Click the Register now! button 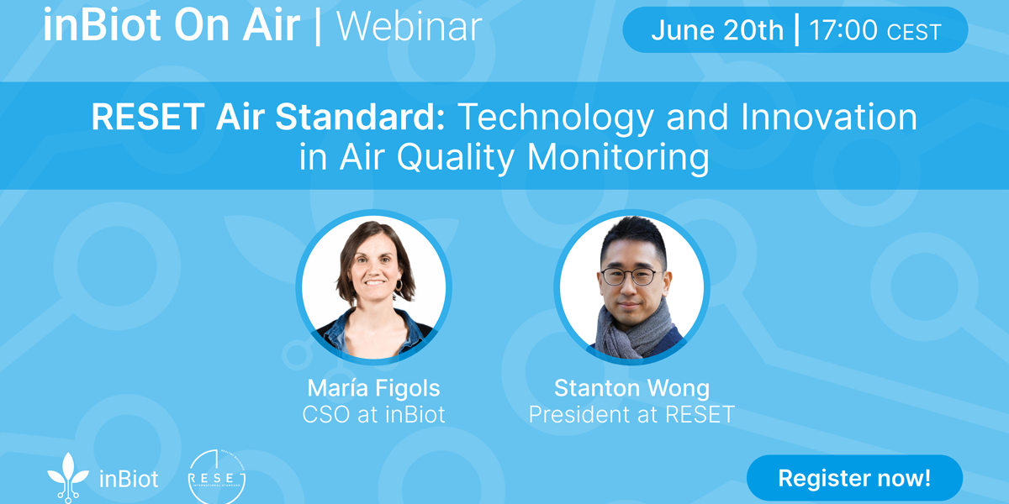pyautogui.click(x=854, y=478)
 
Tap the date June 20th pyautogui.click(x=717, y=30)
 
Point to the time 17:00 pyautogui.click(x=843, y=30)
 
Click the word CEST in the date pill pyautogui.click(x=914, y=32)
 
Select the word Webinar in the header pyautogui.click(x=409, y=27)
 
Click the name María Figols pyautogui.click(x=373, y=388)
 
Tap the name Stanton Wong pyautogui.click(x=631, y=388)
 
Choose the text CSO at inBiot pyautogui.click(x=373, y=414)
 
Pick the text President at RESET pyautogui.click(x=631, y=414)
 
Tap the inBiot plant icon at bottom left pyautogui.click(x=68, y=478)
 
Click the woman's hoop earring pyautogui.click(x=399, y=285)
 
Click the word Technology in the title pyautogui.click(x=556, y=118)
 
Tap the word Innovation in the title pyautogui.click(x=829, y=117)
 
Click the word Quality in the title pyautogui.click(x=456, y=158)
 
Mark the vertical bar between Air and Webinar pyautogui.click(x=318, y=28)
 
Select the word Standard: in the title pyautogui.click(x=360, y=117)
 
